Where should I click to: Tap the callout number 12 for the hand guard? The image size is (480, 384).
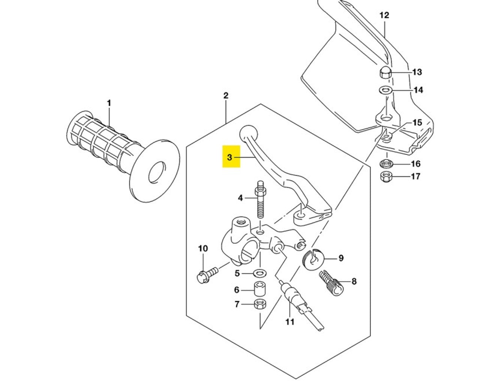pos(384,15)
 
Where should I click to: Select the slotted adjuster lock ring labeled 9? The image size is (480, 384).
pos(312,259)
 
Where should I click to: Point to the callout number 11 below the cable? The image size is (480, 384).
pos(290,321)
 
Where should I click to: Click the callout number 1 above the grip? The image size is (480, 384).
pos(109,103)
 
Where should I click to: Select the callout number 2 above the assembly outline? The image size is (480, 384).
pos(226,96)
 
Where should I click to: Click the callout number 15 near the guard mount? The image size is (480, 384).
pos(417,123)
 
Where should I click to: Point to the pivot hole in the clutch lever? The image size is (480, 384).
pos(301,215)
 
